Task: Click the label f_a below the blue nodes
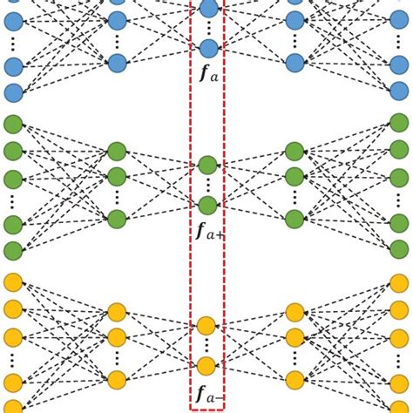coord(208,76)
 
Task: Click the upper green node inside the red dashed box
coord(207,165)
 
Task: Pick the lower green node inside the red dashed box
coord(207,206)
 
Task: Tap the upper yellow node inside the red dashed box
coord(206,326)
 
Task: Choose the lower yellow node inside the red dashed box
coord(206,366)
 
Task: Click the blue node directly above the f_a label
coord(208,49)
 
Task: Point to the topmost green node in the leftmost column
coord(13,123)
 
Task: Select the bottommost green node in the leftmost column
coord(13,251)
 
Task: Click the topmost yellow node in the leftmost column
coord(13,281)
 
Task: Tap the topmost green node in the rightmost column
coord(399,123)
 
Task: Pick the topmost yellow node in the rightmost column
coord(399,281)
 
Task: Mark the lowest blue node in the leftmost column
coord(13,92)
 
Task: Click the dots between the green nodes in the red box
coord(207,185)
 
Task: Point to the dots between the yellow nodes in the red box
coord(206,346)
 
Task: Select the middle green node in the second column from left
coord(117,177)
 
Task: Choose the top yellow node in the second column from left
coord(117,312)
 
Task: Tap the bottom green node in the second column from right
coord(295,219)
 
